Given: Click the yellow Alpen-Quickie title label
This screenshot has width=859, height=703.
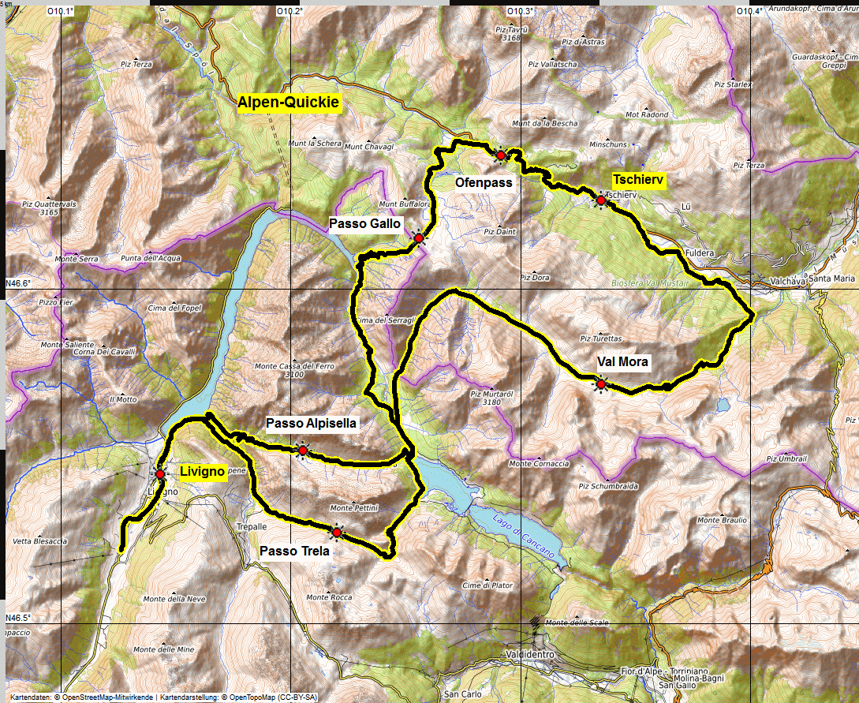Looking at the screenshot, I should click(x=289, y=103).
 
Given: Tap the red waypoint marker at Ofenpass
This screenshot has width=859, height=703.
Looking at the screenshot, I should click(x=500, y=156).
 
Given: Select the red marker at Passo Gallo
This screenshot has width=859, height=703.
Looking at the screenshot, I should click(x=419, y=237).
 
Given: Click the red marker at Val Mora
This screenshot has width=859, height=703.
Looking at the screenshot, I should click(x=601, y=384).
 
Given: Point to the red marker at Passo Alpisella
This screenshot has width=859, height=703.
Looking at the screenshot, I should click(x=302, y=450).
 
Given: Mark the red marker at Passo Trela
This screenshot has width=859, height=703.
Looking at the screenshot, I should click(x=337, y=533).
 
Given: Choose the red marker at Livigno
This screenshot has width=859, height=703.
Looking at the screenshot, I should click(x=160, y=474).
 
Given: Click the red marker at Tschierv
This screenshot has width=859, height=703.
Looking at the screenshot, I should click(x=600, y=200).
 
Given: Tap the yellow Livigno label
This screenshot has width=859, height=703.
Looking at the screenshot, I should click(x=203, y=473).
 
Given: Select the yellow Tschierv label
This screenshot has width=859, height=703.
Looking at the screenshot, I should click(x=639, y=181).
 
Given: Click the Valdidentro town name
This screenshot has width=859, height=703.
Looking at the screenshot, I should click(x=534, y=655).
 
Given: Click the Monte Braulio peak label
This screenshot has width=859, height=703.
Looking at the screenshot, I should click(x=721, y=520).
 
